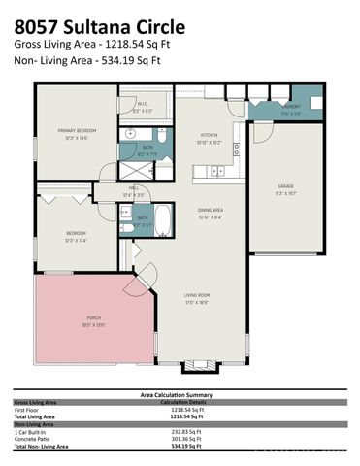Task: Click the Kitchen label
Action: [x=211, y=136]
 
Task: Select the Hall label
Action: [x=135, y=190]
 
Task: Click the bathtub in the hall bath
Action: [x=164, y=220]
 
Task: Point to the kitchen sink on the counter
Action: [x=217, y=171]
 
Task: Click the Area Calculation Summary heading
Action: [x=180, y=395]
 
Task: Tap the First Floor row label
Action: [x=28, y=410]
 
